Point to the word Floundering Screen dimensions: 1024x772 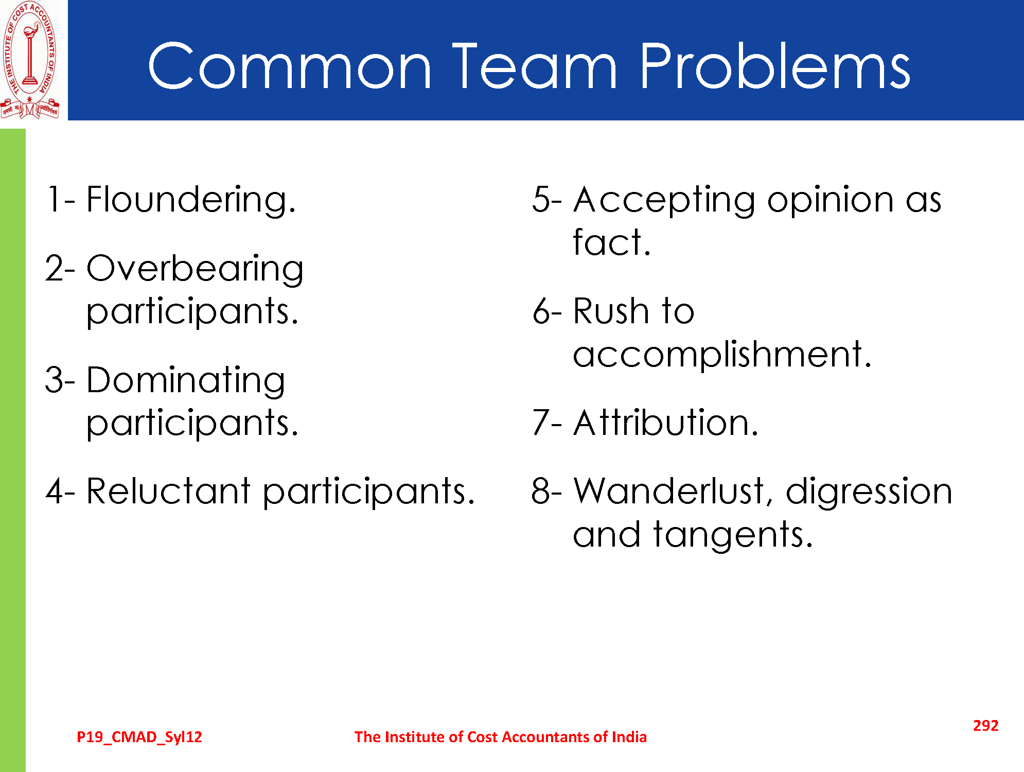pyautogui.click(x=191, y=201)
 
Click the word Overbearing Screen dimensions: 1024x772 pyautogui.click(x=195, y=270)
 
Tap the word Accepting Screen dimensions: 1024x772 pyautogui.click(x=664, y=201)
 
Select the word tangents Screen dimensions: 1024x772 pyautogui.click(x=733, y=535)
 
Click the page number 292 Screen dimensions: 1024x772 pyautogui.click(x=985, y=725)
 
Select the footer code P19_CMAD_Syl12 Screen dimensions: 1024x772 pyautogui.click(x=139, y=738)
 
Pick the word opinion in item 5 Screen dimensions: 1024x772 pyautogui.click(x=831, y=201)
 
